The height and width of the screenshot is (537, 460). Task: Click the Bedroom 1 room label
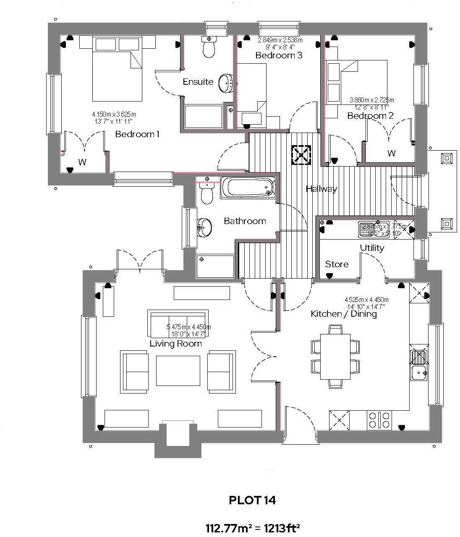pyautogui.click(x=137, y=134)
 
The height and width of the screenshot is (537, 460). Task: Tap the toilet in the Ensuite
pyautogui.click(x=209, y=48)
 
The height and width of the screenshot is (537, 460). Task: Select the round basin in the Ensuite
pyautogui.click(x=227, y=83)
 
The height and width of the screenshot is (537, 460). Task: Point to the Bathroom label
pyautogui.click(x=245, y=221)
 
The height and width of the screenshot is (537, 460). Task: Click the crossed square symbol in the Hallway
pyautogui.click(x=301, y=155)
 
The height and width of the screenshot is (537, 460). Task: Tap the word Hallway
pyautogui.click(x=321, y=189)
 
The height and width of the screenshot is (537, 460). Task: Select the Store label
pyautogui.click(x=337, y=264)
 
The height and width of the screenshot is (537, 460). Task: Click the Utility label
pyautogui.click(x=372, y=248)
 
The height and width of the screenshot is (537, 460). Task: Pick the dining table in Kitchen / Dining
pyautogui.click(x=335, y=357)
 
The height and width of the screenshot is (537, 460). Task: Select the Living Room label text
pyautogui.click(x=175, y=344)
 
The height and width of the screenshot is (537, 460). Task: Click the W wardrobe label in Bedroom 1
pyautogui.click(x=82, y=162)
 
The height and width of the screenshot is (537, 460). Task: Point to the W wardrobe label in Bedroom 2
pyautogui.click(x=391, y=154)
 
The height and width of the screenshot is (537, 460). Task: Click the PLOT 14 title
pyautogui.click(x=252, y=500)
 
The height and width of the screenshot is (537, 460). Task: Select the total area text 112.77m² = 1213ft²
pyautogui.click(x=252, y=527)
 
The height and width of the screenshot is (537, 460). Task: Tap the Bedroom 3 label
pyautogui.click(x=279, y=55)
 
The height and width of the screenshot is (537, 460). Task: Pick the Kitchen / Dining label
pyautogui.click(x=343, y=314)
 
